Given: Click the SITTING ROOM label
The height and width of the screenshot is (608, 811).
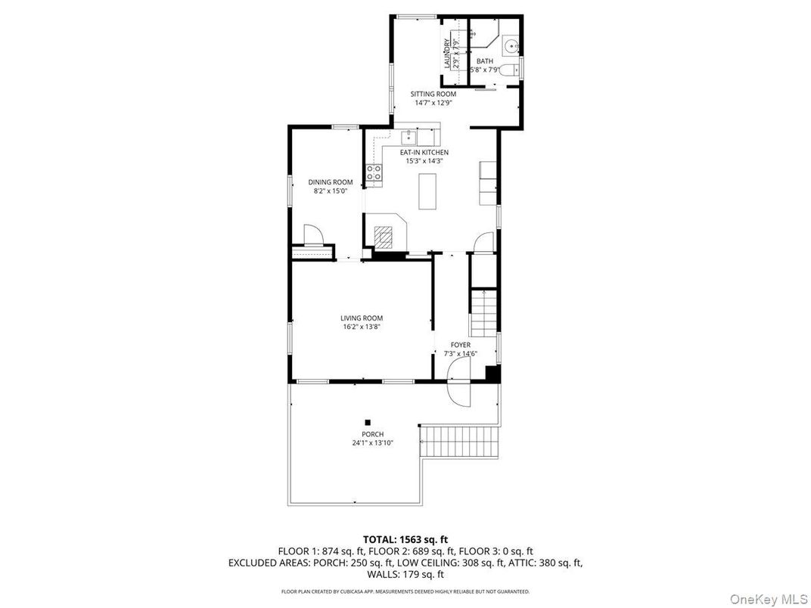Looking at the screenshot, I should coord(433,94).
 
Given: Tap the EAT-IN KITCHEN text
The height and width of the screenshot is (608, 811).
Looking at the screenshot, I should coord(424,152).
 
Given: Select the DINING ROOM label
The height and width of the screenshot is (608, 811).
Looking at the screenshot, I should coord(330,181).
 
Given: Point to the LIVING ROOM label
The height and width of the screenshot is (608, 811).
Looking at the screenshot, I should coord(361,318).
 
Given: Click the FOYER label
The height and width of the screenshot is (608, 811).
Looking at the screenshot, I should coord(461,345).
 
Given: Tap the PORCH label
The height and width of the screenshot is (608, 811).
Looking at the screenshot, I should coord(372,434).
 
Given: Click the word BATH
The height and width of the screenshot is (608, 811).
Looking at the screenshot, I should coord(484,61).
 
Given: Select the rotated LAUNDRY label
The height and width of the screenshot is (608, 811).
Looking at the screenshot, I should coord(447,54).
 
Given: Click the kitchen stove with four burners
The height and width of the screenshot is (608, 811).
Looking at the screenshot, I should coord(374,173).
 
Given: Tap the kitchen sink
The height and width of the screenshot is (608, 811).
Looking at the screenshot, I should coord(409,138).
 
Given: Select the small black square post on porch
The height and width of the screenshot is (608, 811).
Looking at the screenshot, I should coord(368,423).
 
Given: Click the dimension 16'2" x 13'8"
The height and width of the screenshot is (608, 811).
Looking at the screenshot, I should coord(361,327).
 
